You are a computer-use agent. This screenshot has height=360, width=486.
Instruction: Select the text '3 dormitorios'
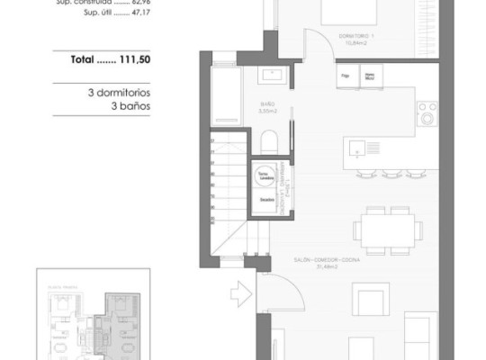click(118, 92)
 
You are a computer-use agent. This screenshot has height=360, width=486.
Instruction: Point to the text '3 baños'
click(118, 104)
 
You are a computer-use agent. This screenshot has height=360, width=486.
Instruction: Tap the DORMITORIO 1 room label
click(357, 36)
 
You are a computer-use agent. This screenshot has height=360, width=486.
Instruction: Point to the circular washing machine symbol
click(265, 175)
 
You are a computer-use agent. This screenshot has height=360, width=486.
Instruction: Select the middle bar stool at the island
click(390, 172)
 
